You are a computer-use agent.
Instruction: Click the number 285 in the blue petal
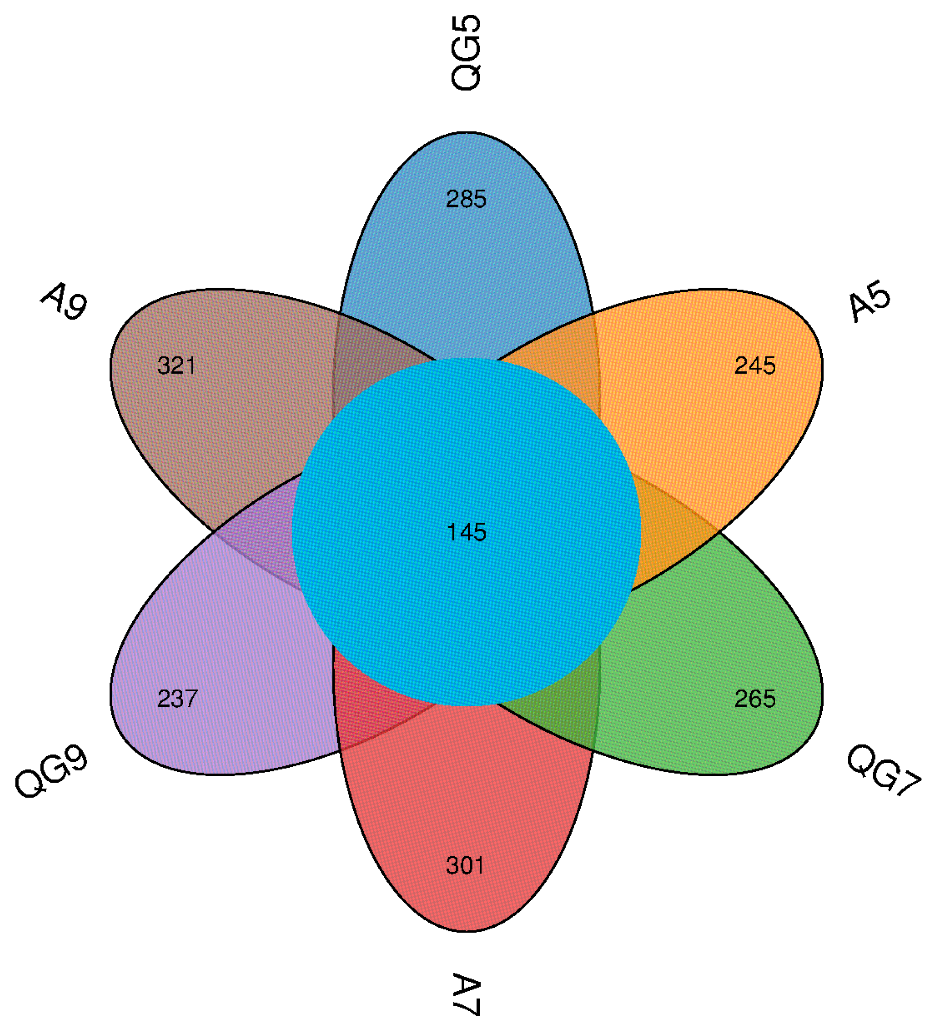(465, 199)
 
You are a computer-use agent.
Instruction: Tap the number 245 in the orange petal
(755, 366)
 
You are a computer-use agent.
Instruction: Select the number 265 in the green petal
(755, 699)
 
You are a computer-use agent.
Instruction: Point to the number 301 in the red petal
(465, 865)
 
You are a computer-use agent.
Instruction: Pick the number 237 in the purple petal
(177, 699)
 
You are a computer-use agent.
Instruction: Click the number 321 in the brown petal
(176, 366)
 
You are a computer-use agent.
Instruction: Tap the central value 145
(466, 532)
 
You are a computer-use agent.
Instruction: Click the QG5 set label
(466, 53)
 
